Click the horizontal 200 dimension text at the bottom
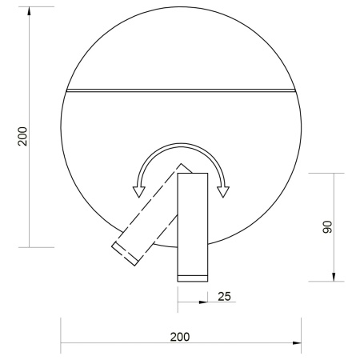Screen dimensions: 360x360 point(180,336)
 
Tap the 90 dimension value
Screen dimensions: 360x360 point(326,227)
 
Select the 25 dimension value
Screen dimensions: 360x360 point(224,297)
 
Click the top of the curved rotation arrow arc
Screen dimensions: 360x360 point(182,146)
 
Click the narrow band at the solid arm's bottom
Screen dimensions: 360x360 point(192,277)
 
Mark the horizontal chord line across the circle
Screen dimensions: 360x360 point(181,90)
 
